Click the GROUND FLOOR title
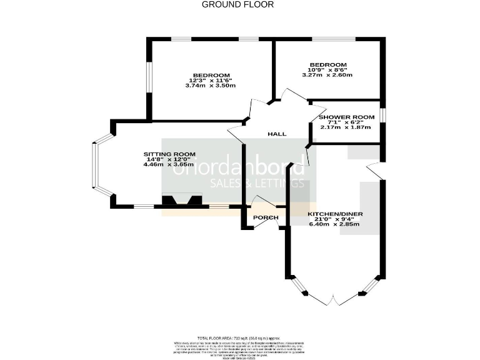coord(237,4)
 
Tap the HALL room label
coord(277,134)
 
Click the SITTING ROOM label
coord(170,154)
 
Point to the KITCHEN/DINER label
coord(335,214)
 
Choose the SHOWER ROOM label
coord(347,117)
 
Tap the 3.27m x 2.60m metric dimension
coord(327,75)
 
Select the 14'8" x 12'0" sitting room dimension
coord(170,160)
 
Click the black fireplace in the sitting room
coord(182,201)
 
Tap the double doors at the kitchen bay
coord(336,300)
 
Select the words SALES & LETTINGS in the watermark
coord(257,183)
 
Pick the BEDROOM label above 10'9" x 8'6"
coord(328,64)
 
